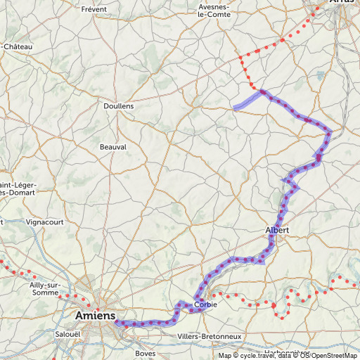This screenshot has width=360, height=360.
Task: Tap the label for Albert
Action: [277, 230]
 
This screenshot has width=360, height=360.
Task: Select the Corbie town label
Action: [205, 304]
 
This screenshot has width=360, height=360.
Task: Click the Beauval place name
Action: [112, 147]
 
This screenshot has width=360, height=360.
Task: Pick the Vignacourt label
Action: [44, 221]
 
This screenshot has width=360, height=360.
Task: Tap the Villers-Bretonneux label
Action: [210, 337]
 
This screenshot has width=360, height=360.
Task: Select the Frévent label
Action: [94, 9]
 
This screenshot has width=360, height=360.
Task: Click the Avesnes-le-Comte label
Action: [214, 10]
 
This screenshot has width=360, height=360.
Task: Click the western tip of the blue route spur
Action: [235, 108]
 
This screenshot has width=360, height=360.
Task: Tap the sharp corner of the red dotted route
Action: [240, 56]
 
